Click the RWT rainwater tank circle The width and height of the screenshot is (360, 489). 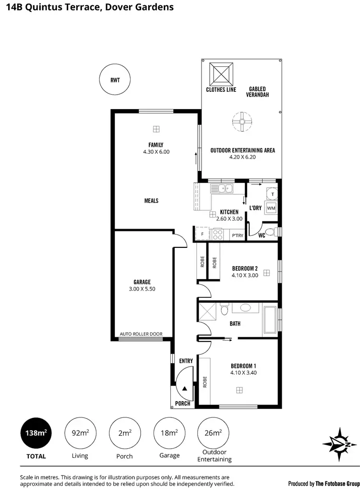click(x=115, y=80)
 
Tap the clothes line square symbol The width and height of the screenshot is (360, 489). click(x=221, y=73)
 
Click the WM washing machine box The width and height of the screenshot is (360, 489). click(x=271, y=208)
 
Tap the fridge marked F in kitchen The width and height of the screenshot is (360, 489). click(x=202, y=234)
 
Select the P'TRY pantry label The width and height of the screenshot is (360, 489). click(x=238, y=235)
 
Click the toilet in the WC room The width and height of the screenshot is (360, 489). click(x=271, y=232)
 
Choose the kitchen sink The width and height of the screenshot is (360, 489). click(x=223, y=189)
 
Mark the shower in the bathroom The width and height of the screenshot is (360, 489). click(x=208, y=312)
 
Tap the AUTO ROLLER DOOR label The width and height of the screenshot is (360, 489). click(x=141, y=334)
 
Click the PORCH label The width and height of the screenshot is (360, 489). click(x=182, y=403)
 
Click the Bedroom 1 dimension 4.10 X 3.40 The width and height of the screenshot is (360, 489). click(x=243, y=372)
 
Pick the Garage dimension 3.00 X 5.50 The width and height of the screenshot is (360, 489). click(x=143, y=289)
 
